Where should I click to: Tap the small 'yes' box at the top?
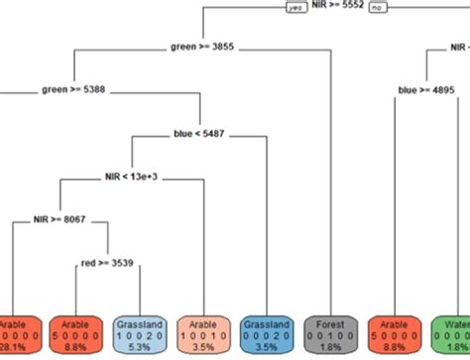pyautogui.click(x=294, y=7)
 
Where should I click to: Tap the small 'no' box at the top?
pyautogui.click(x=376, y=7)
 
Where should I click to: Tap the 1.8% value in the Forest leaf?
pyautogui.click(x=327, y=348)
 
